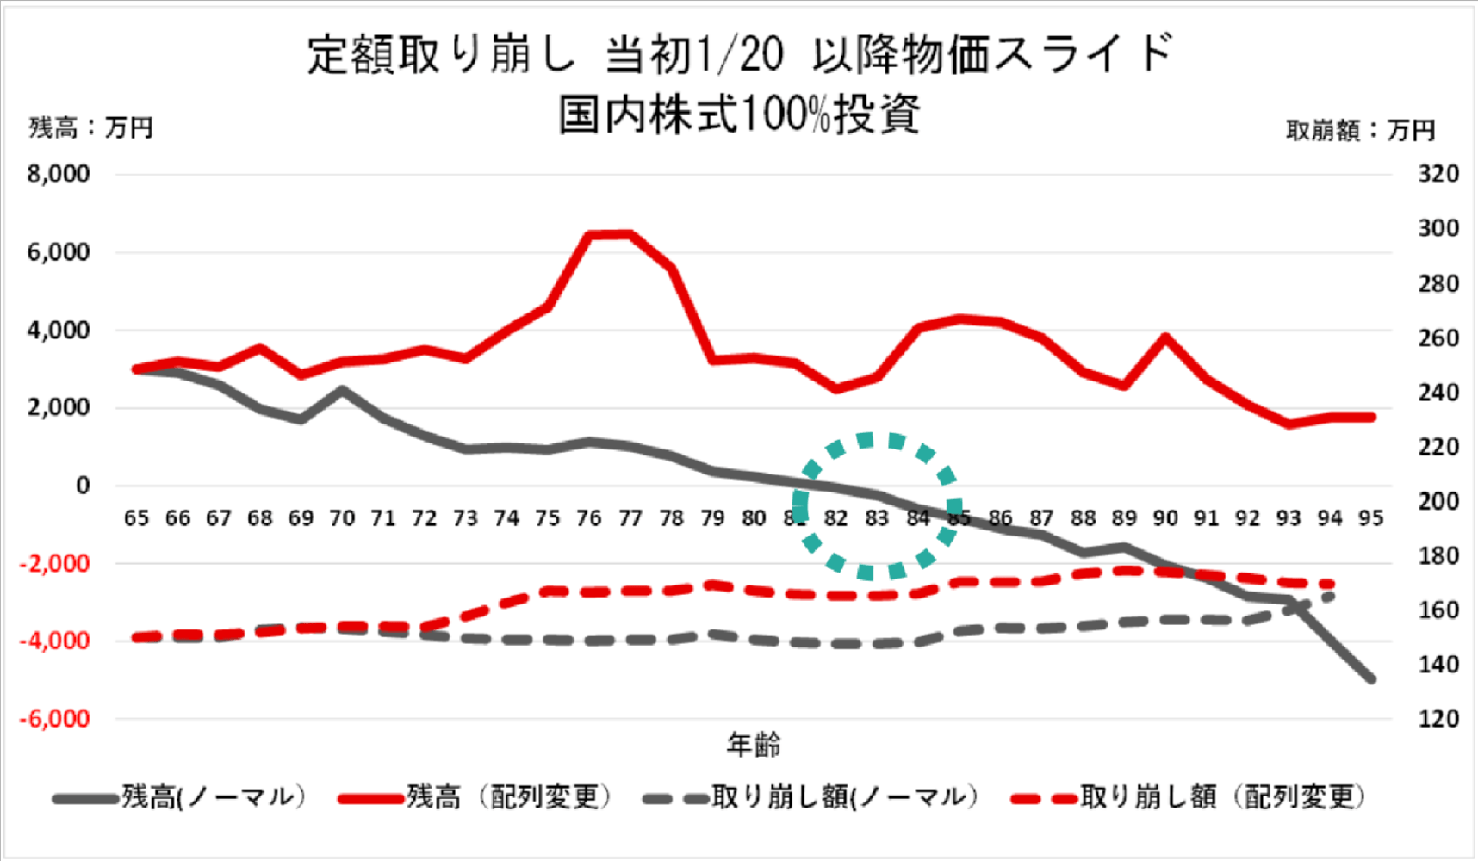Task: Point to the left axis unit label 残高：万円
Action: click(x=90, y=128)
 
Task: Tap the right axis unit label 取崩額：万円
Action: click(x=1360, y=131)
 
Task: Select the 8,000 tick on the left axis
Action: click(x=59, y=174)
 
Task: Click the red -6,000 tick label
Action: click(x=55, y=719)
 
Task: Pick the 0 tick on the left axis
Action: click(x=82, y=486)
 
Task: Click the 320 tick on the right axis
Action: click(x=1438, y=174)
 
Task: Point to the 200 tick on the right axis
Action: click(x=1438, y=501)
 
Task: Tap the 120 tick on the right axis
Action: click(x=1438, y=719)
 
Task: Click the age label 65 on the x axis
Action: click(x=136, y=518)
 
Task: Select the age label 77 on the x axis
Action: click(x=630, y=518)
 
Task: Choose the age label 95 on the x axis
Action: click(x=1370, y=518)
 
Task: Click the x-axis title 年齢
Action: click(x=753, y=745)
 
